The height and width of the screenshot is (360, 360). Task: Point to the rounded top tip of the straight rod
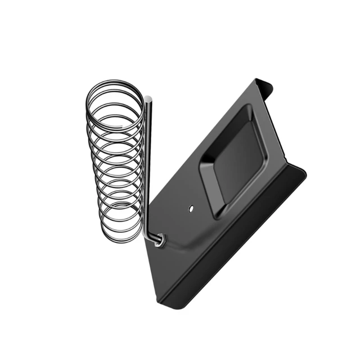tap(147, 100)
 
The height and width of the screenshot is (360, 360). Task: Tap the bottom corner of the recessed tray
tap(217, 214)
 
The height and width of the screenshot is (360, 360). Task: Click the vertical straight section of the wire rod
tap(147, 169)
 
